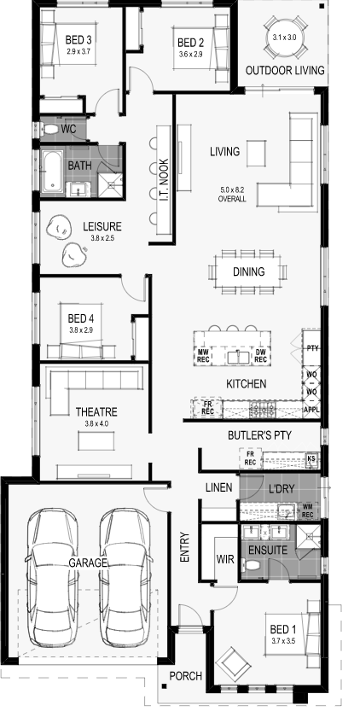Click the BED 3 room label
78,39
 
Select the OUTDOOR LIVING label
285,71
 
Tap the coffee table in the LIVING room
256,154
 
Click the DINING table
249,271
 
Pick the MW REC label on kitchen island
203,355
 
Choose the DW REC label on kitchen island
260,355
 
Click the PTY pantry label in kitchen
312,348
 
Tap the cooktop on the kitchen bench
262,408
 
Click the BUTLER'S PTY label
259,434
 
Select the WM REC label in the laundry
308,510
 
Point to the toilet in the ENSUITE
253,565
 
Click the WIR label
225,559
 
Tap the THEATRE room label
96,411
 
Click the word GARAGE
88,563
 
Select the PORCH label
186,676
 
